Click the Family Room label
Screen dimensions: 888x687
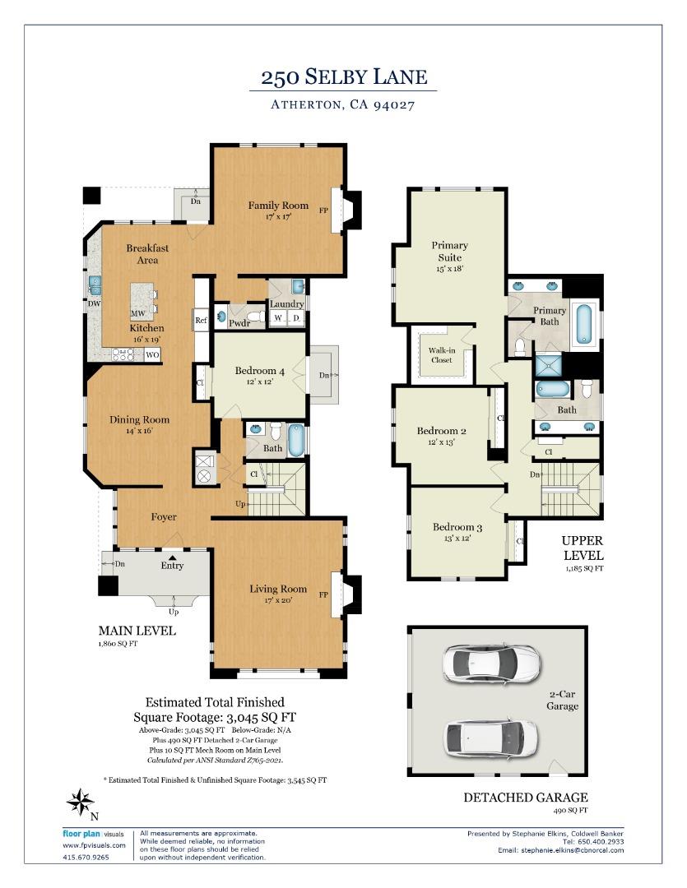coord(278,206)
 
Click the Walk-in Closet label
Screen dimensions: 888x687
coord(441,354)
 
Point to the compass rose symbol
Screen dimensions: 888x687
coord(80,802)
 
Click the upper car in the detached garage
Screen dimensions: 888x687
coord(490,663)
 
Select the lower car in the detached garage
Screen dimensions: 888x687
coord(491,738)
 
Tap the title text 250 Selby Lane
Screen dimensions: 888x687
coord(344,77)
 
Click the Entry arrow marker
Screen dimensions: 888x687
coord(172,557)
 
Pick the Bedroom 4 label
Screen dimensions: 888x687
coord(259,372)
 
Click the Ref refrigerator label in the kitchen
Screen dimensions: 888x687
coord(200,321)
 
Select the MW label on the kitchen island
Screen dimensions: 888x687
coord(137,314)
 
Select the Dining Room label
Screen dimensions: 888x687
coord(139,419)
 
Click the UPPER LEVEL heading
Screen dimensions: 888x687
coord(583,548)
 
